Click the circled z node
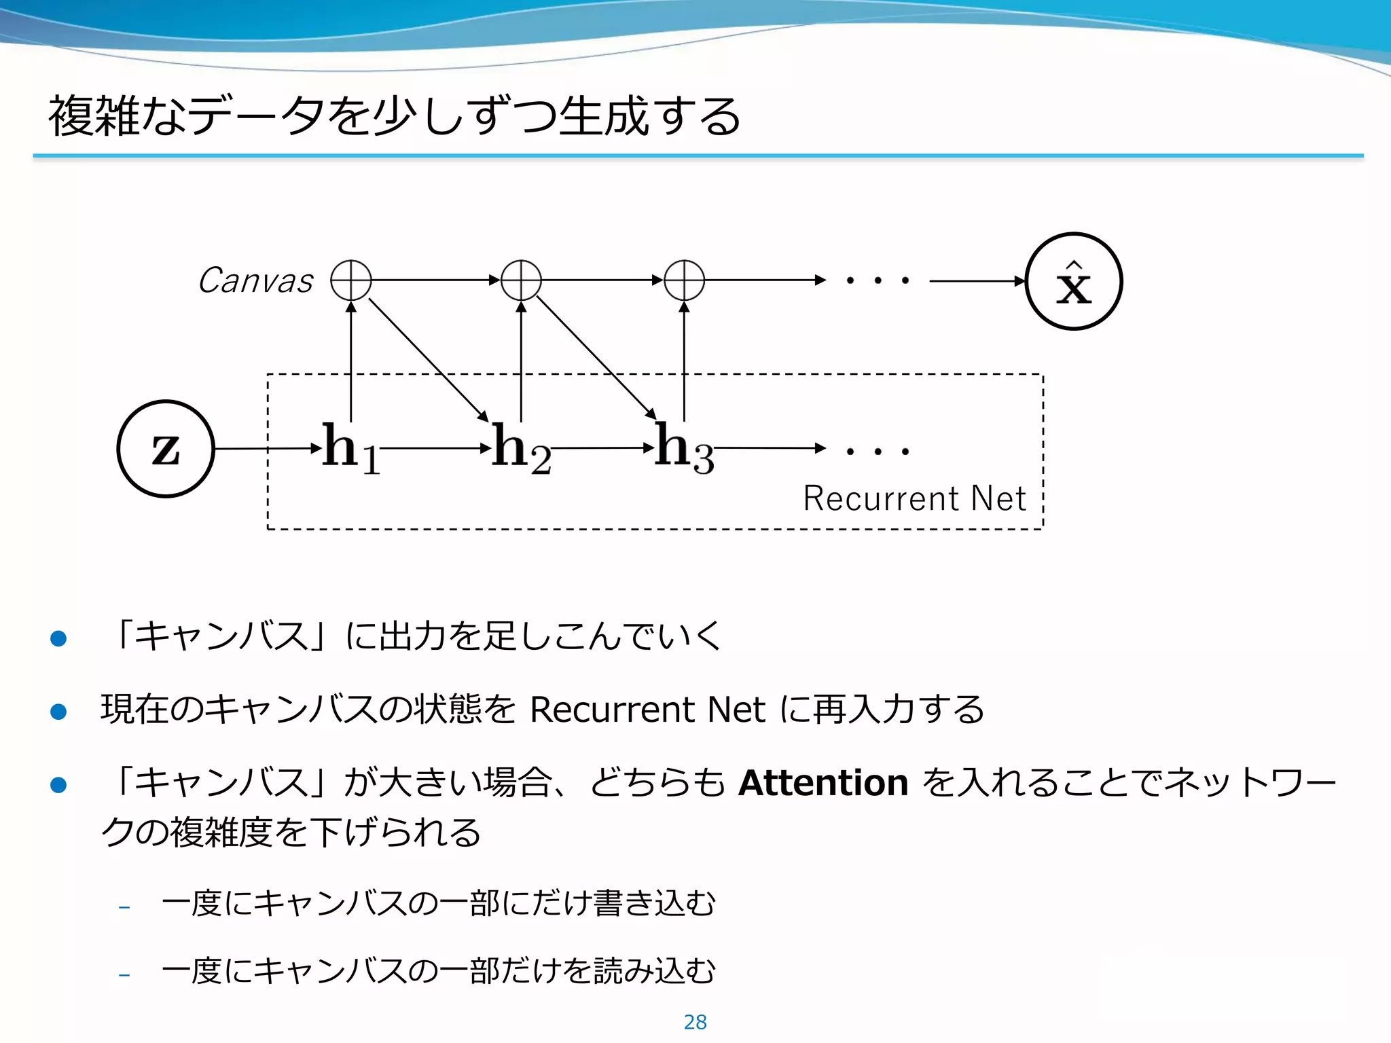tap(166, 449)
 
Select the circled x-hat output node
tap(1073, 281)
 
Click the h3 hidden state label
tap(683, 448)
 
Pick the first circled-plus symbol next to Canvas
tap(350, 280)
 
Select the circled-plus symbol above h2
tap(521, 280)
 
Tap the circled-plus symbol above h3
tap(684, 280)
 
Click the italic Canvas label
tap(255, 280)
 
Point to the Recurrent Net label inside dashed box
tap(914, 498)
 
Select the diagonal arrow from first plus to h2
tap(428, 360)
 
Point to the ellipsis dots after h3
tap(878, 451)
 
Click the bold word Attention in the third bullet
tap(823, 783)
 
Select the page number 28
tap(695, 1022)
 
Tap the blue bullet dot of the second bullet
tap(58, 712)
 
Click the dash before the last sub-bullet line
tap(124, 976)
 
